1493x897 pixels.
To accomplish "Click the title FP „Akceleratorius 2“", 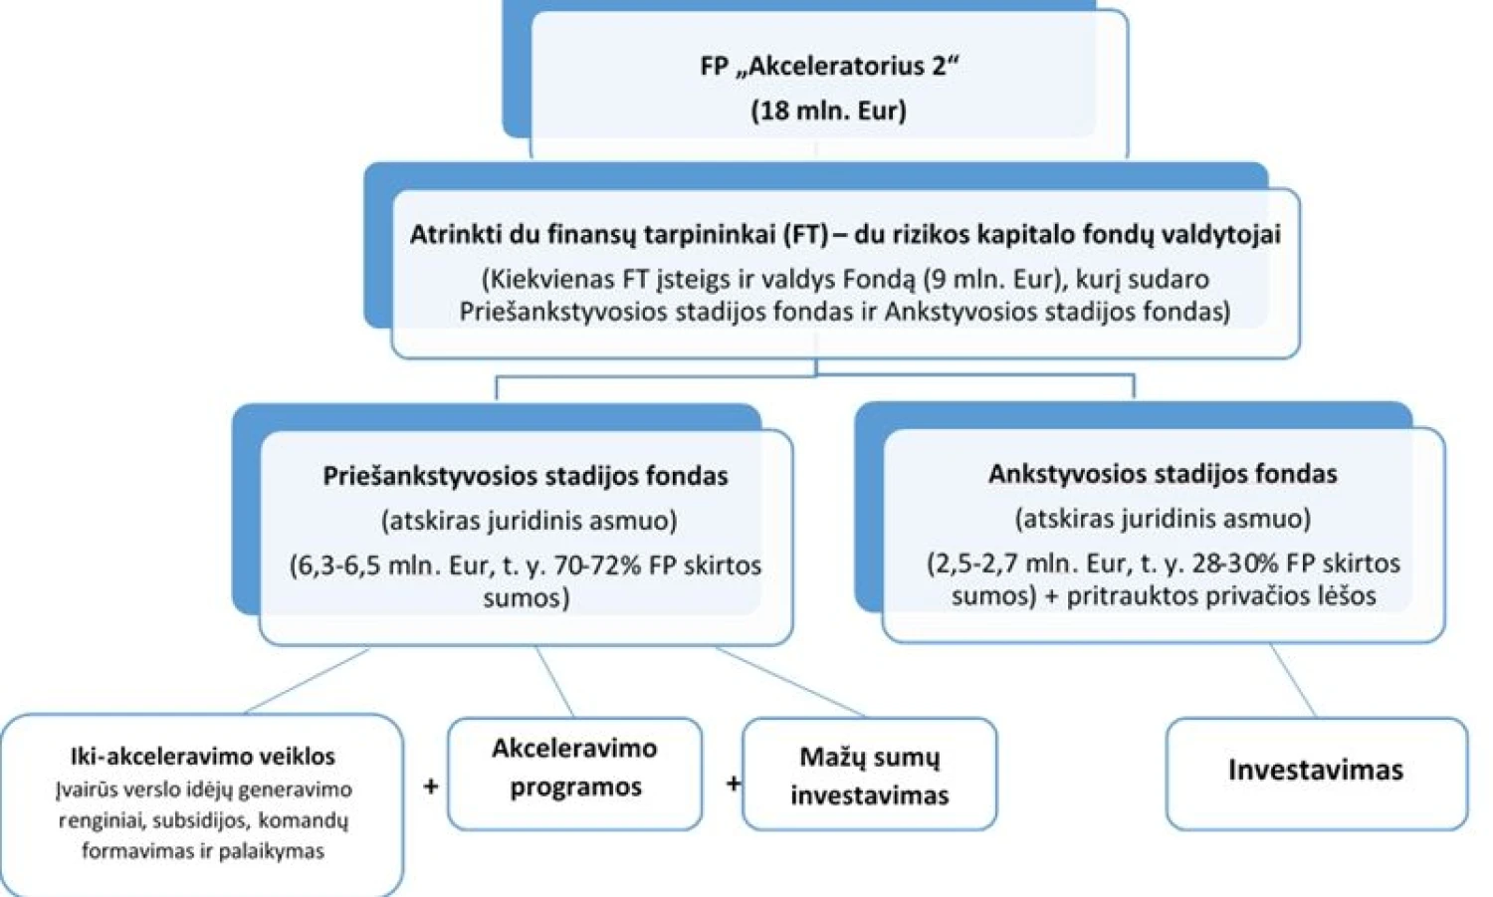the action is [828, 67].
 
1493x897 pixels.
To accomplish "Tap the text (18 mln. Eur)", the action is [828, 111].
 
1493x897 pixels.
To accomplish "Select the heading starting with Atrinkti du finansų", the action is [845, 234].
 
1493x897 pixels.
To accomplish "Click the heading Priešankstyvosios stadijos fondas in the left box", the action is [526, 476].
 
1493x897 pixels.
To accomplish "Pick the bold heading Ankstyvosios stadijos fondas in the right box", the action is [1163, 474].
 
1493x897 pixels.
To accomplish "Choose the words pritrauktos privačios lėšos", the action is [1221, 595].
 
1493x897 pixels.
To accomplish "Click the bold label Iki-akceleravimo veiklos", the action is [203, 757].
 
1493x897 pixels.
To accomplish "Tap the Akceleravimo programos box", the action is [574, 774].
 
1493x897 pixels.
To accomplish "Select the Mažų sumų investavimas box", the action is [869, 774].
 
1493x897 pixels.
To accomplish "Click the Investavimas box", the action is [1317, 774].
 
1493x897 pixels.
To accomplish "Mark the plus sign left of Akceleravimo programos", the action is [431, 785].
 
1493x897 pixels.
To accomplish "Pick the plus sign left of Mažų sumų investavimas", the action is [734, 783].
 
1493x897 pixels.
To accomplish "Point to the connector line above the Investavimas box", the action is [1294, 680].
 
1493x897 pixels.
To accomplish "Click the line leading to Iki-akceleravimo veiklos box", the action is [308, 680].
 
